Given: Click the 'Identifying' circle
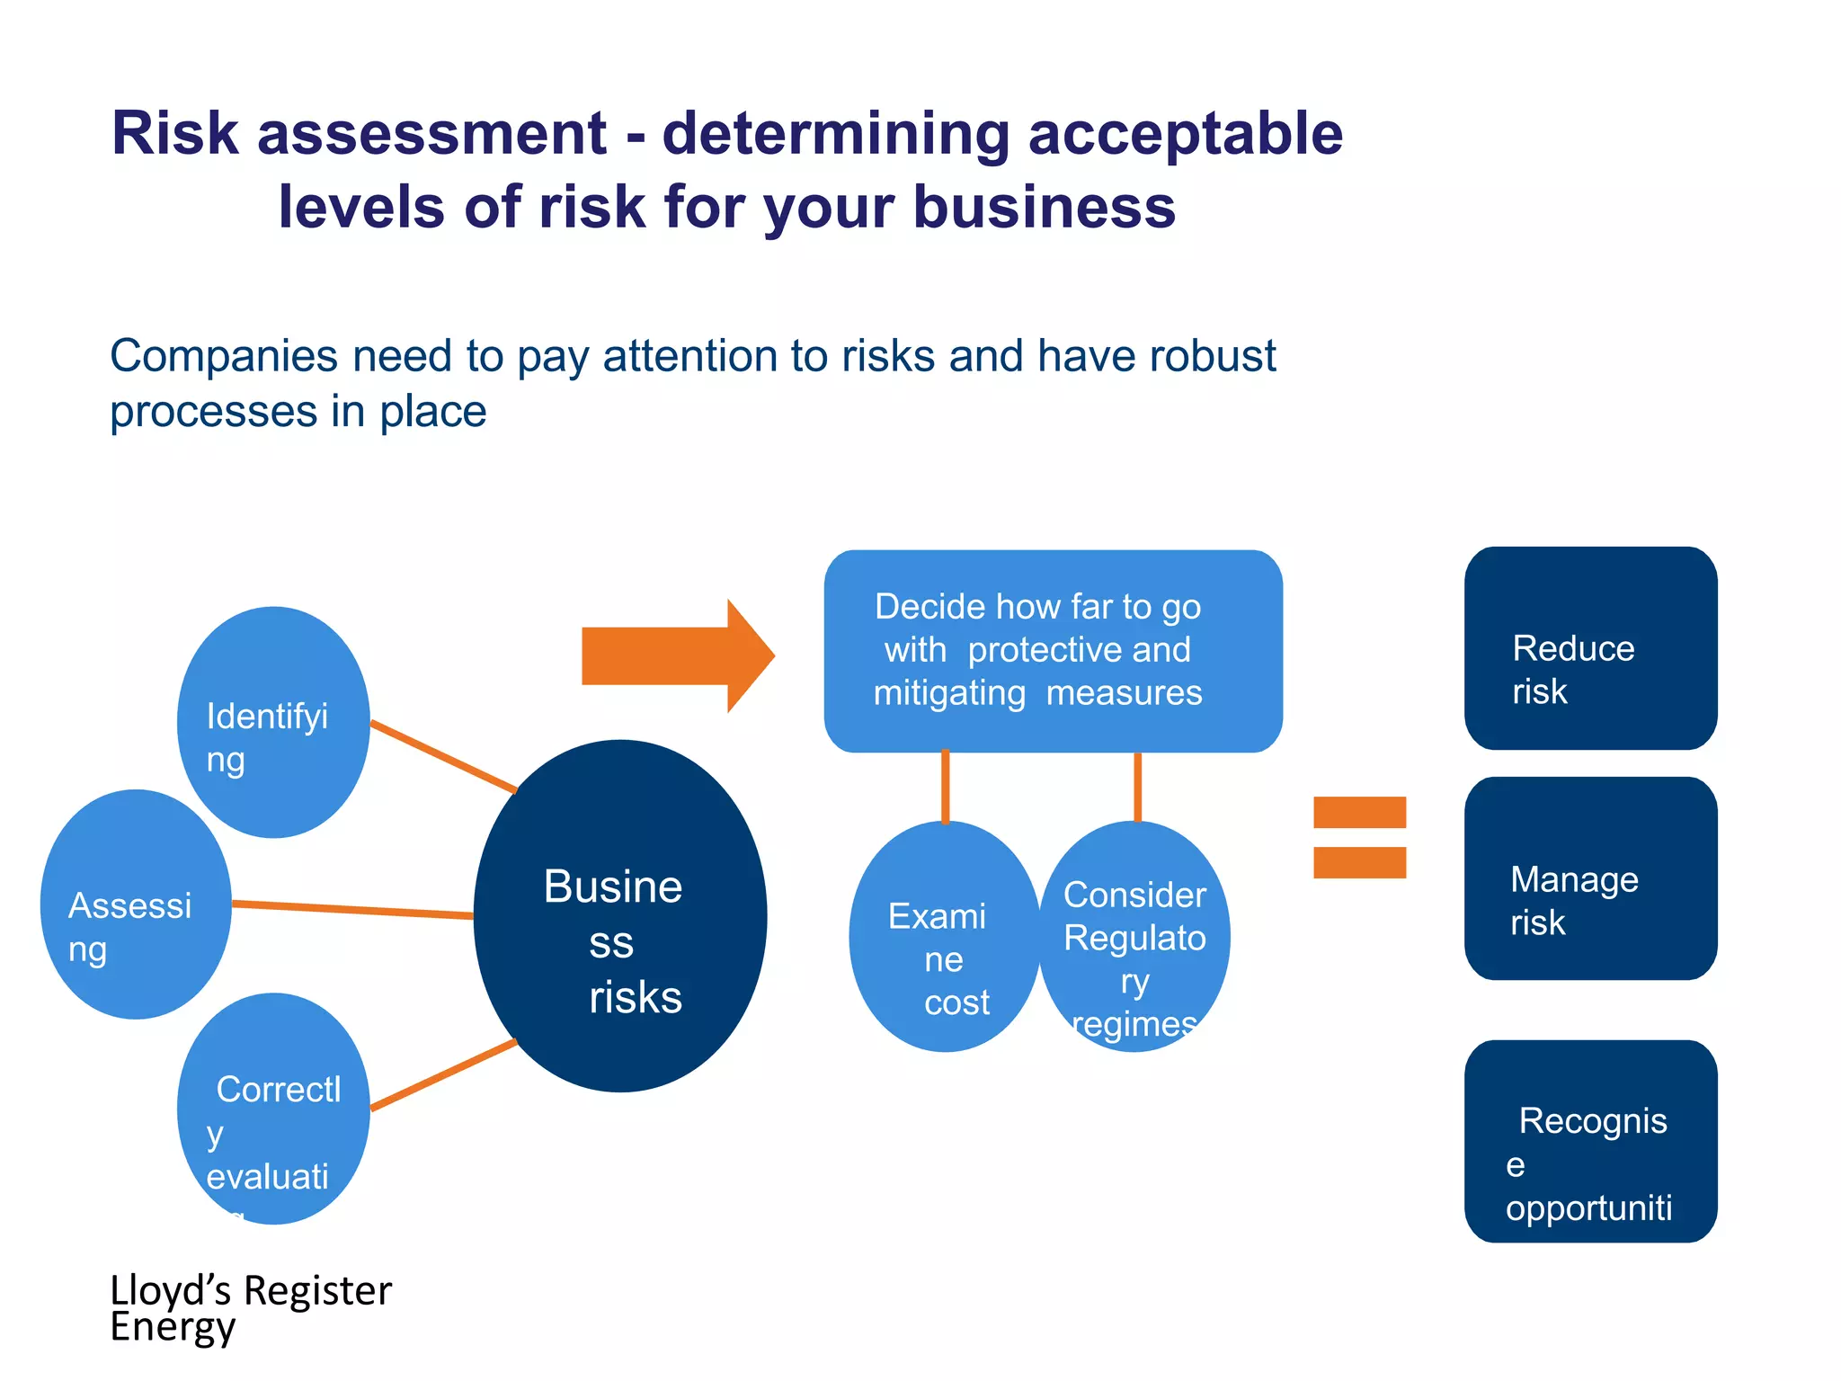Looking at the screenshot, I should click(273, 722).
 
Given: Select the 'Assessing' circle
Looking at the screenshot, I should click(136, 904).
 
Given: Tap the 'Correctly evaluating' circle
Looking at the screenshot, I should click(273, 1109).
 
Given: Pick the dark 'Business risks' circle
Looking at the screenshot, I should click(620, 916).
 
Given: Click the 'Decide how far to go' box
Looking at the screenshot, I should click(1053, 651).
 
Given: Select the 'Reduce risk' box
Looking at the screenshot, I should click(1590, 648).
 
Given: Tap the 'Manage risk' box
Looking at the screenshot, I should click(1590, 878).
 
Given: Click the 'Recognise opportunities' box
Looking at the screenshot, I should click(1590, 1142).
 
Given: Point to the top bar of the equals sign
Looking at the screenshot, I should click(1359, 812).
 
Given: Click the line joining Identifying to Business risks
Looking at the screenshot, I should click(444, 756).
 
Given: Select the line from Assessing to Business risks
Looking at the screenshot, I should click(352, 910).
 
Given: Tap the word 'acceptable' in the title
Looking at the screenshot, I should click(1185, 134).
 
